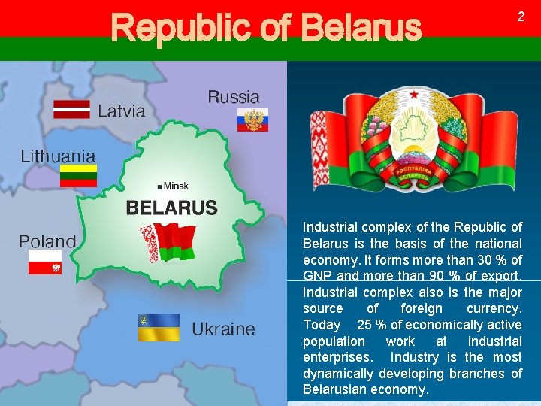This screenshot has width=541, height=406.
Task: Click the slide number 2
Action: tap(521, 17)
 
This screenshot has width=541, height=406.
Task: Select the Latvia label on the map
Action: tap(121, 111)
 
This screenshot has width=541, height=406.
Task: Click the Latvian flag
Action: tap(71, 109)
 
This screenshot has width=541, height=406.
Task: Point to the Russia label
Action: tap(234, 97)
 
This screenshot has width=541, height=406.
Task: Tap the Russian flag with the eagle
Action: tap(252, 120)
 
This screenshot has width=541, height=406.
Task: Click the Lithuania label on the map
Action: tap(58, 156)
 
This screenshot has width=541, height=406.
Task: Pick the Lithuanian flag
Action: tap(78, 176)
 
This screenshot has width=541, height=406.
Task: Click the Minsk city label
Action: tap(176, 186)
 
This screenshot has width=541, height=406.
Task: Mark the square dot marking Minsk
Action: tap(160, 186)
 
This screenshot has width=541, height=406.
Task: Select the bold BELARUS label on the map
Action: tap(171, 208)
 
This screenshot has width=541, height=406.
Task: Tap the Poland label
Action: tap(47, 241)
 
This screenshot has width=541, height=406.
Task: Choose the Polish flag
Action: tap(45, 262)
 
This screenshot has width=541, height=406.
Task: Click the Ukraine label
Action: tap(223, 329)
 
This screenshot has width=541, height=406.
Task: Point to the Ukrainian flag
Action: tap(159, 328)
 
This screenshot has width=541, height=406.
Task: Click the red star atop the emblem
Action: tap(413, 96)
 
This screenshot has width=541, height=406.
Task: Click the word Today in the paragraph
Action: tap(322, 325)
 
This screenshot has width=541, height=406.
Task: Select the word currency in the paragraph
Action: tap(494, 308)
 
